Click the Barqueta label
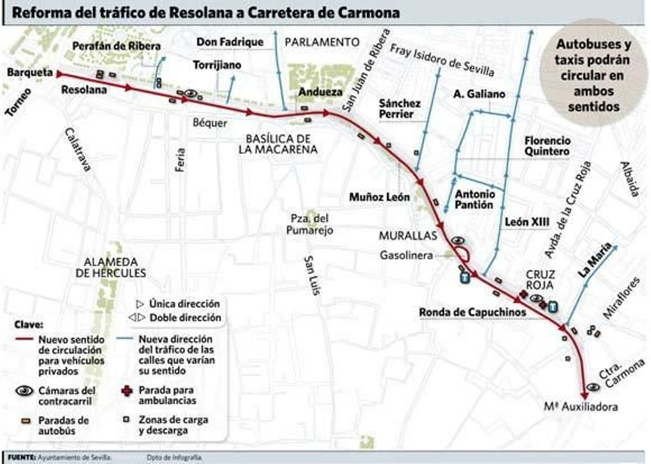pos(30,73)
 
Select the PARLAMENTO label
pos(322,42)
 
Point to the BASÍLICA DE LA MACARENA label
pos(278,144)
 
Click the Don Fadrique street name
pos(230,42)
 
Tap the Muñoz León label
pos(379,198)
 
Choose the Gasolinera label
pos(406,255)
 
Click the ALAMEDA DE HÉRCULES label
pos(111,268)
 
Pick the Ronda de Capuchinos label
pos(472,312)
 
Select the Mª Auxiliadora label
pos(581,407)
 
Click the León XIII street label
pos(527,222)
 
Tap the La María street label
pos(595,260)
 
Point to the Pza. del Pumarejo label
pos(310,224)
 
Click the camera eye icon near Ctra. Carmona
pos(593,387)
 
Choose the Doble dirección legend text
pos(185,318)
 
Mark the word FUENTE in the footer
pos(22,457)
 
